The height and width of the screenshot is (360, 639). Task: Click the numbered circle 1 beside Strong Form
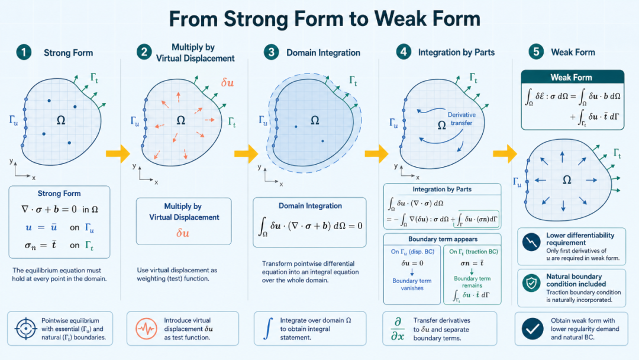coord(24,52)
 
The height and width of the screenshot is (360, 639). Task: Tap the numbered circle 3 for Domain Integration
coord(271,52)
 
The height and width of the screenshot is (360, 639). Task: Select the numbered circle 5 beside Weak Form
coord(536,52)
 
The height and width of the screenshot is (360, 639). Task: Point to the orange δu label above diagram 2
coord(227,83)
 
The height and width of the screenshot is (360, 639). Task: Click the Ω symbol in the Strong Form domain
coord(61,120)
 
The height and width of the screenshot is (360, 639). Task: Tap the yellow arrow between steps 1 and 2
coord(118,154)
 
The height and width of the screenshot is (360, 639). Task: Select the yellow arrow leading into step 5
coord(505,154)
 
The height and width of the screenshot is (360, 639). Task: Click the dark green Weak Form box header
coord(572,78)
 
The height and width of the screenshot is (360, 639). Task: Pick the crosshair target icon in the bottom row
coord(25,329)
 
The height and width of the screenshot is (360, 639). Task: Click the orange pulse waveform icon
coord(146,329)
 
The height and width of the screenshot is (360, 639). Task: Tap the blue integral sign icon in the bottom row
coord(268,329)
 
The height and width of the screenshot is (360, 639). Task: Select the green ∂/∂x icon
coord(398,329)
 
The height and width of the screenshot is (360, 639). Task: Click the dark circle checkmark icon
coord(532,329)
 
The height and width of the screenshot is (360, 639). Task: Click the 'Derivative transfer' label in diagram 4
coord(461,118)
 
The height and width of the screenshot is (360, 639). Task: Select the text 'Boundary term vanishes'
coord(412,284)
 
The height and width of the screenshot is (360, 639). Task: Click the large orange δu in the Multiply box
coord(183,233)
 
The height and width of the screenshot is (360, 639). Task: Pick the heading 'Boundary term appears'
coord(443,239)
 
